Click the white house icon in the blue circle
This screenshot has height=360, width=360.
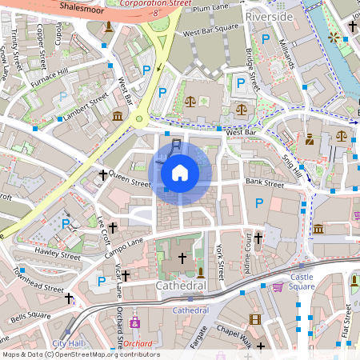[x=180, y=172]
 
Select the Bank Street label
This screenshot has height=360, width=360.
[x=265, y=183]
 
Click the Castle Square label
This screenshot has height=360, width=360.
[x=302, y=282]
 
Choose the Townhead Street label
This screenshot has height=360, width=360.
[x=38, y=281]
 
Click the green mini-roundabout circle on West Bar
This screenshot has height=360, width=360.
[x=140, y=120]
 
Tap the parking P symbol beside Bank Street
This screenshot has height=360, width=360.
[x=258, y=205]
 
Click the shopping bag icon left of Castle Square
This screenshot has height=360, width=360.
[x=278, y=286]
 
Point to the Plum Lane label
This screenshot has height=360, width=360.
[x=210, y=10]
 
